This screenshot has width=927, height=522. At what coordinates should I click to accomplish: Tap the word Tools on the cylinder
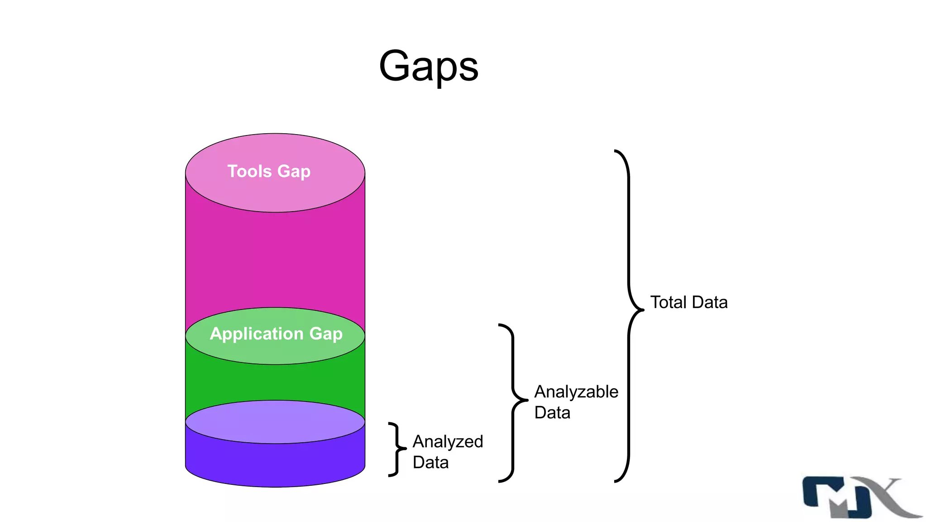tap(249, 171)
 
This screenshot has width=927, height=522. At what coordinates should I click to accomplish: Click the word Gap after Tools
tap(294, 171)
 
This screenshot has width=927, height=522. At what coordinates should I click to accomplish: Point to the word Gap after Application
tap(325, 333)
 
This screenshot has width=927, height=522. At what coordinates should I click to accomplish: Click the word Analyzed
tap(448, 441)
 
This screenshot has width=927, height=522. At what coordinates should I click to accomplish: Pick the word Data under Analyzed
tap(430, 462)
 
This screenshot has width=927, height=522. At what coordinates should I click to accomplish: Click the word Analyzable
tap(576, 391)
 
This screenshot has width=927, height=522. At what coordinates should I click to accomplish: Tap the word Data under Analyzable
tap(552, 412)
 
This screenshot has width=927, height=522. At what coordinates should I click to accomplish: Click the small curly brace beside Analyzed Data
tap(397, 449)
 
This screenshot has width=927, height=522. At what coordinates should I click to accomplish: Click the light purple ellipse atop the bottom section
tap(275, 421)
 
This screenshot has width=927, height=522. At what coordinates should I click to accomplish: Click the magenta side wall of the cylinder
tap(275, 258)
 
